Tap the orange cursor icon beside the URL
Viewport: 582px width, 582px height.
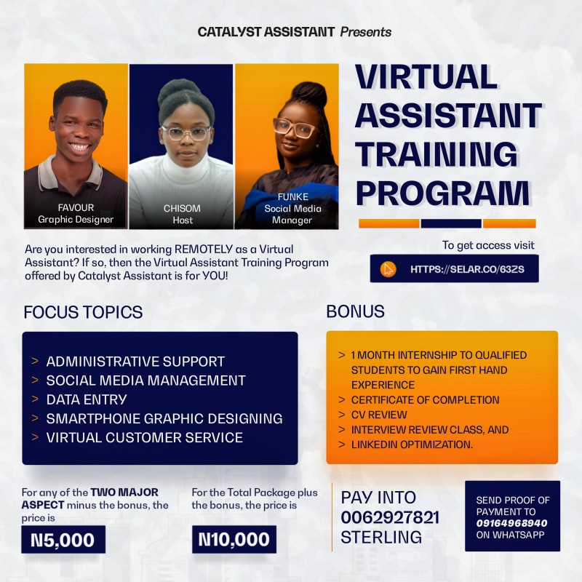pyautogui.click(x=388, y=269)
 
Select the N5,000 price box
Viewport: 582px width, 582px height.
pyautogui.click(x=63, y=540)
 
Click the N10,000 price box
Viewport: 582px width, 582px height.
pyautogui.click(x=234, y=540)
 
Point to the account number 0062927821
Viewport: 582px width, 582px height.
pyautogui.click(x=390, y=517)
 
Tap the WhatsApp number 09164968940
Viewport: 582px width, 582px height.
pyautogui.click(x=512, y=523)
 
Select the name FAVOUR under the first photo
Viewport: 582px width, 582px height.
pyautogui.click(x=76, y=208)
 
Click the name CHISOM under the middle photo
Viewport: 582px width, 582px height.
pyautogui.click(x=182, y=209)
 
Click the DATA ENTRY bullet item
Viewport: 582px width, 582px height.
pyautogui.click(x=87, y=399)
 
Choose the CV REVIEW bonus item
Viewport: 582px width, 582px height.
pyautogui.click(x=378, y=415)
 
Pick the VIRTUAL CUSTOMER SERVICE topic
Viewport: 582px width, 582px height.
pyautogui.click(x=144, y=437)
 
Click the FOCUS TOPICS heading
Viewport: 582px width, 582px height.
pyautogui.click(x=83, y=313)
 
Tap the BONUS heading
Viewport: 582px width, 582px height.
pyautogui.click(x=356, y=312)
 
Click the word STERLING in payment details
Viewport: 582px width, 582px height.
pyautogui.click(x=381, y=538)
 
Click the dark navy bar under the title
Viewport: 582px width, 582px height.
pyautogui.click(x=450, y=223)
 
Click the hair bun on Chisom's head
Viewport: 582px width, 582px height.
pyautogui.click(x=182, y=89)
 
